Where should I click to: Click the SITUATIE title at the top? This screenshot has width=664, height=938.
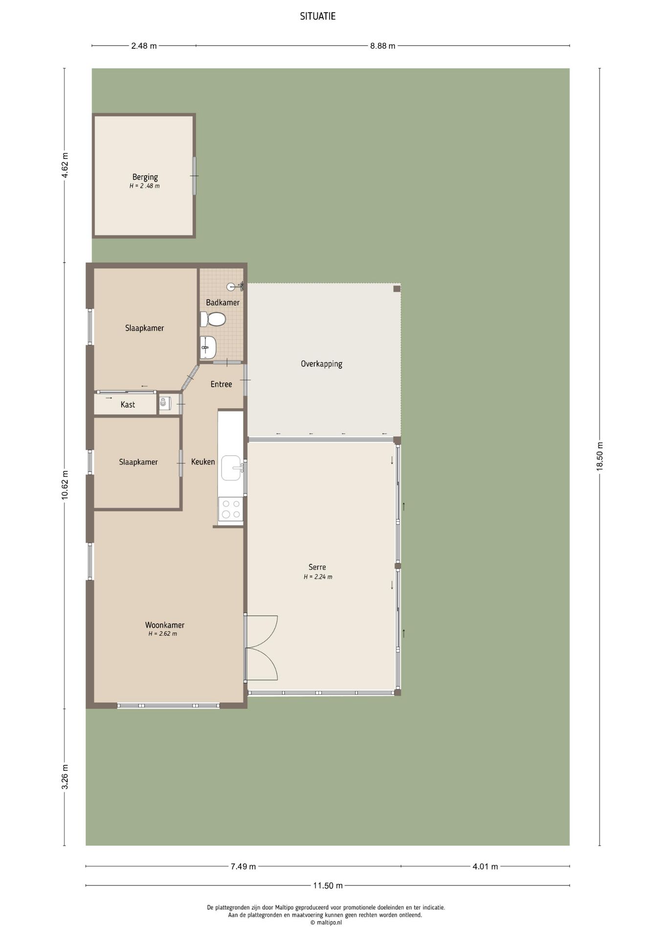[318, 16]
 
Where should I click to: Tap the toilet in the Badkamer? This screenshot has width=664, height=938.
[213, 320]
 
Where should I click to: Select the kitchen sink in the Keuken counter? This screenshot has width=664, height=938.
[231, 468]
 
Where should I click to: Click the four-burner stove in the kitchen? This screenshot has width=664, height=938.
[231, 508]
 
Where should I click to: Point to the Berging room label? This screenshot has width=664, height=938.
[145, 177]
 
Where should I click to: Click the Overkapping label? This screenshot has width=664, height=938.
[321, 364]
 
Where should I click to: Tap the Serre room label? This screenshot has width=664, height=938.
[317, 567]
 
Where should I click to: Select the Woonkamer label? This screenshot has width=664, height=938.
[165, 625]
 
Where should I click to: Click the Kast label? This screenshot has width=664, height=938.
[128, 405]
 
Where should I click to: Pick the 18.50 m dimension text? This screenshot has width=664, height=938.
[600, 456]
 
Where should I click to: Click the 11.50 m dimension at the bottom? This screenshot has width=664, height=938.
[328, 885]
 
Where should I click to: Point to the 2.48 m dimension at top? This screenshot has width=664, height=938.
[144, 46]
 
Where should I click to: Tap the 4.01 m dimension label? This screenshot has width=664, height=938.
[485, 867]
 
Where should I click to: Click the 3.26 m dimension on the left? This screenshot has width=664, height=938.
[65, 777]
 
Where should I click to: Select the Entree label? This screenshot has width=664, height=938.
[221, 384]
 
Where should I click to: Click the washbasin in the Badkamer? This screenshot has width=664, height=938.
[208, 347]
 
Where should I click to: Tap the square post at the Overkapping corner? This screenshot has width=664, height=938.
[397, 289]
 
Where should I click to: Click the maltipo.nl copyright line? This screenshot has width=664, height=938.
[326, 923]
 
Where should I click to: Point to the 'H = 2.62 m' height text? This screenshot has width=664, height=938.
[163, 634]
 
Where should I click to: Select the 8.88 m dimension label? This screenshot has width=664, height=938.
[383, 46]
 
